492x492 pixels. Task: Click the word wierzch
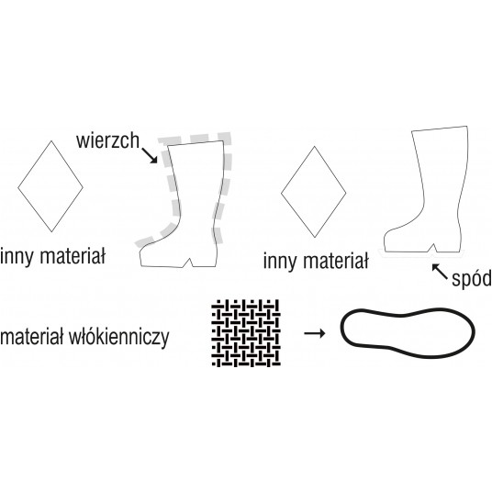(x=107, y=140)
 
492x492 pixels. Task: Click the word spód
(x=472, y=278)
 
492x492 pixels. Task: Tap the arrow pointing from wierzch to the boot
(x=150, y=156)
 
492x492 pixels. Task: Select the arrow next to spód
(x=440, y=272)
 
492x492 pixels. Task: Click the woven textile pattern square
(x=246, y=333)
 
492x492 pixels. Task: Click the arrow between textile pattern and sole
(x=315, y=333)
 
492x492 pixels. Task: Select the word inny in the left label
(x=17, y=257)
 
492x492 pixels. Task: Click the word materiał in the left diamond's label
(x=73, y=256)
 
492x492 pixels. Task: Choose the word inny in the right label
(x=280, y=262)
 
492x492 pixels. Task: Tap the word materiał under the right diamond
(x=336, y=261)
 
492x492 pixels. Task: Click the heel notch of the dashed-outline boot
(x=189, y=260)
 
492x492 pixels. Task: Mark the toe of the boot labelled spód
(x=386, y=241)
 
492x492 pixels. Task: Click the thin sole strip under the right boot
(x=422, y=254)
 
